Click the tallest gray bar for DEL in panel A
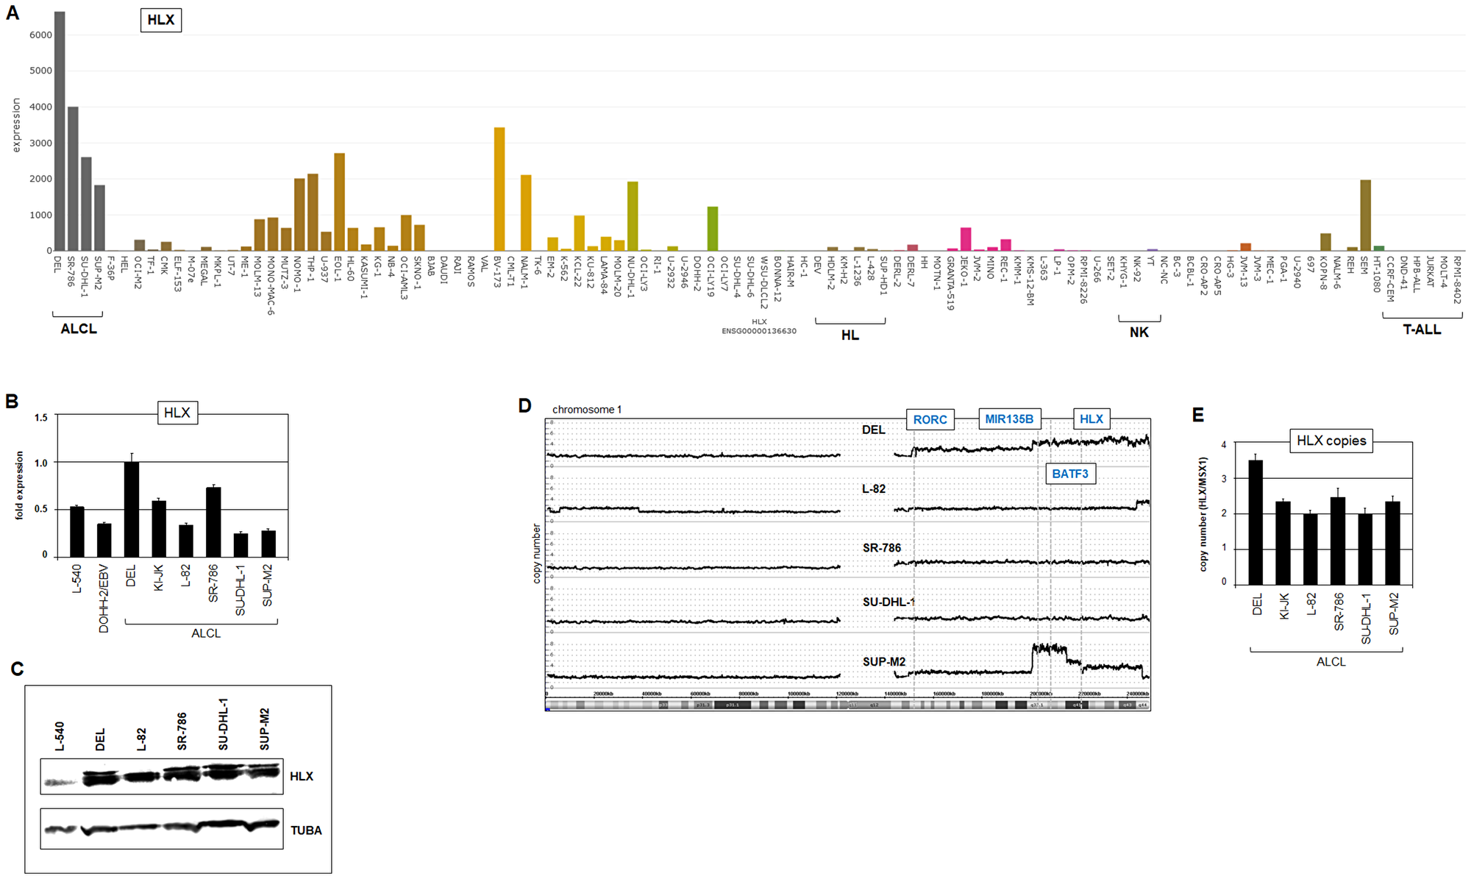point(60,132)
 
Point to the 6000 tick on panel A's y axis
point(40,35)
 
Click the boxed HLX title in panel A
point(160,20)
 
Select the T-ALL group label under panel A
point(1422,330)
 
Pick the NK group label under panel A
point(1139,332)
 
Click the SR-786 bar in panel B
point(213,522)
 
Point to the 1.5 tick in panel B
point(41,417)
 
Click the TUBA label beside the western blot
point(306,830)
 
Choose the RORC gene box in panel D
point(930,419)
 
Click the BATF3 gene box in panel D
point(1070,474)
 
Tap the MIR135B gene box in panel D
point(1009,419)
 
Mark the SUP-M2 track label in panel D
point(883,662)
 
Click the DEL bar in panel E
point(1256,522)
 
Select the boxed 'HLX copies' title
point(1331,441)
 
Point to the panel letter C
point(17,669)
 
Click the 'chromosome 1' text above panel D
point(586,410)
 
